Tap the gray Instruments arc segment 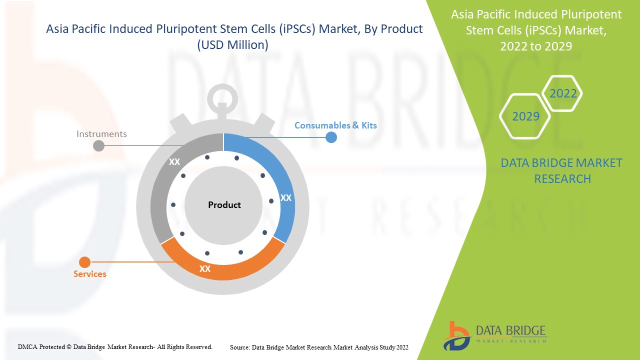tap(162, 195)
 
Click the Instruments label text tap(101, 134)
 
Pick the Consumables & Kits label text tap(335, 125)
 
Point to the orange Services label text tap(90, 274)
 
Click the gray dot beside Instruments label tap(99, 145)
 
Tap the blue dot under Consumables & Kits tap(331, 137)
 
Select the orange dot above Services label tap(85, 262)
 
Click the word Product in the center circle tap(224, 205)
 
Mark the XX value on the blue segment tap(286, 198)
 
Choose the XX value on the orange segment tap(205, 269)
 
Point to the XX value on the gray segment tap(174, 162)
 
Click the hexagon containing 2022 tap(563, 93)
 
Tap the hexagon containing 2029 tap(525, 116)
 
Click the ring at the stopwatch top tap(223, 95)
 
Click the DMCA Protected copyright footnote tap(115, 346)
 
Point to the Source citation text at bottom tap(319, 347)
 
